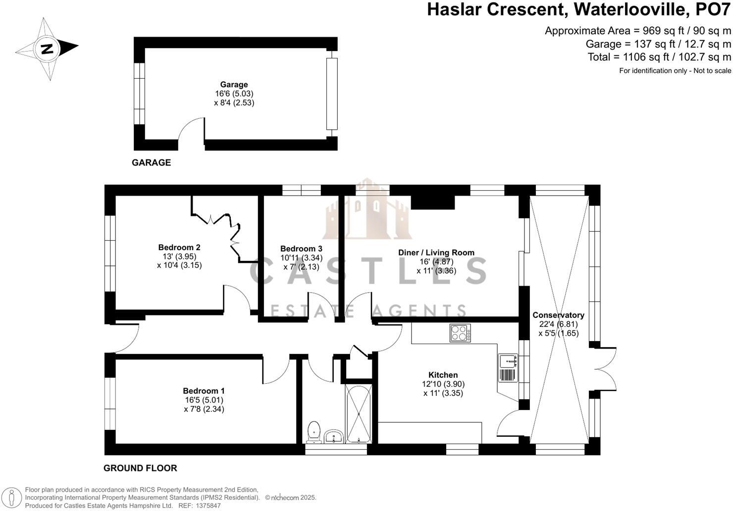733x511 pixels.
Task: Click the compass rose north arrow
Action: click(47, 49)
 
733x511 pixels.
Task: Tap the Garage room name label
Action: click(234, 85)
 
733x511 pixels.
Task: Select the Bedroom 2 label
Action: click(179, 248)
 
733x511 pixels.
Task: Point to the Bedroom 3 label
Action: click(301, 249)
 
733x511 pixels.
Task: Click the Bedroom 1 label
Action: click(204, 391)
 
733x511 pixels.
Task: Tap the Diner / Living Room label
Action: click(436, 253)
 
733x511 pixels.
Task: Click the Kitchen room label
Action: click(443, 375)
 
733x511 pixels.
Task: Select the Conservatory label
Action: click(558, 315)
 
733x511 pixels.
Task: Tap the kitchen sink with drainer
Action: click(508, 368)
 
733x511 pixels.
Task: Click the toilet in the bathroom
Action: click(314, 432)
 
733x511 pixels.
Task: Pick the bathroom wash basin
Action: click(336, 437)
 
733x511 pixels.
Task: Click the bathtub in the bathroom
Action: click(359, 413)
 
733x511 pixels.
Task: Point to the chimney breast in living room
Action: click(433, 202)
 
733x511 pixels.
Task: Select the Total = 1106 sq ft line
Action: click(659, 57)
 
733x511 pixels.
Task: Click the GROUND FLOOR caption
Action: click(140, 468)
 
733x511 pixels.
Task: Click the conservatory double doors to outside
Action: click(604, 369)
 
